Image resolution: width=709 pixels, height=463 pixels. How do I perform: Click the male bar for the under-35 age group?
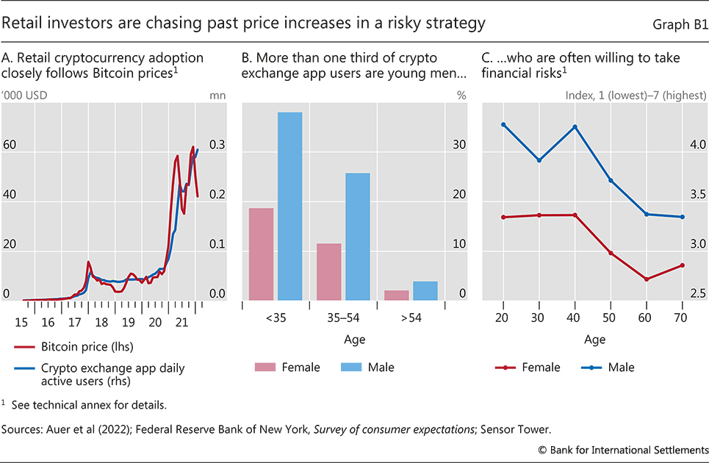point(289,207)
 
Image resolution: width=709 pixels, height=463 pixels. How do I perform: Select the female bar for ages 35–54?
point(329,272)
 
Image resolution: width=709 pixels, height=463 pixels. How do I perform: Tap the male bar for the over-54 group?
point(425,291)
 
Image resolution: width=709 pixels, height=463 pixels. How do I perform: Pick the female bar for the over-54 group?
point(396,295)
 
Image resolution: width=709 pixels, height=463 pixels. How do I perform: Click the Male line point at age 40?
point(575,126)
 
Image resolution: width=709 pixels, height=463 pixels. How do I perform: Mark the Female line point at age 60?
point(647,279)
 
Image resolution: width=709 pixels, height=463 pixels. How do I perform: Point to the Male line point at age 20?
point(503,124)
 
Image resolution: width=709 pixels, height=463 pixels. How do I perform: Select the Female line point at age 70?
point(683,265)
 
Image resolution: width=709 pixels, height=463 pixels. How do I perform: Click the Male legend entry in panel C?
point(620,367)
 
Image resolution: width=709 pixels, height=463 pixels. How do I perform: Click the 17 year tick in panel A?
point(74,322)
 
